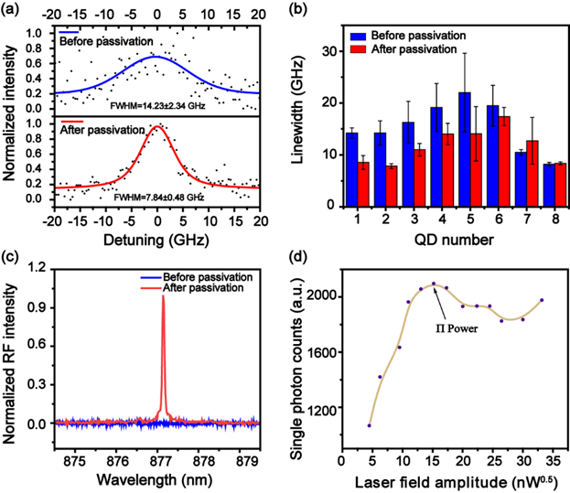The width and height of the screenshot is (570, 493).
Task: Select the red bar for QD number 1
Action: pos(362,180)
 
